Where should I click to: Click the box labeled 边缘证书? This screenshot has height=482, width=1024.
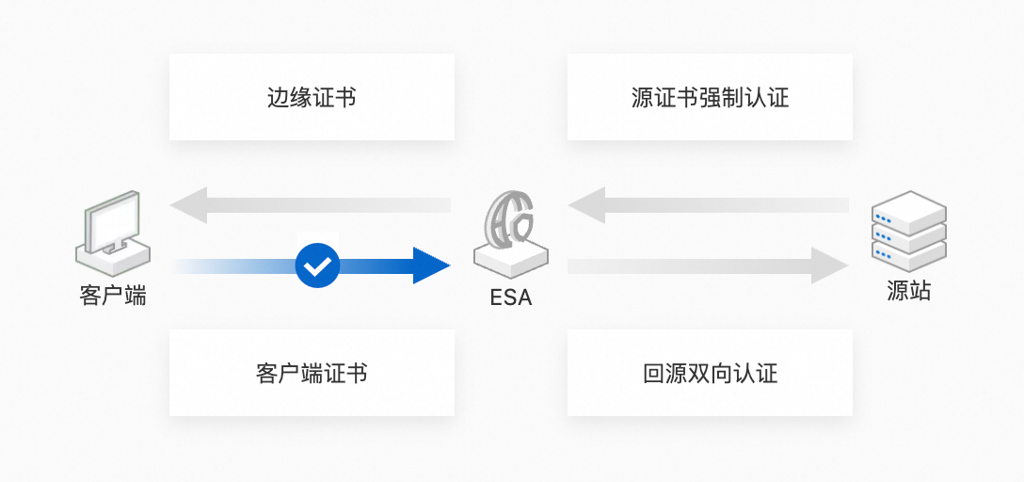coord(312,97)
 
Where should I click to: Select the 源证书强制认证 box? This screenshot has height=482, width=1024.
coord(710,97)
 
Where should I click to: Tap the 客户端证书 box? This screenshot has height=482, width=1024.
coord(312,373)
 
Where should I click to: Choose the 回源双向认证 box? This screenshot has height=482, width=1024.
coord(710,373)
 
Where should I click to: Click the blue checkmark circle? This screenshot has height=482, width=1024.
coord(318,266)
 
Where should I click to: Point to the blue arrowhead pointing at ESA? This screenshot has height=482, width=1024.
coord(430,266)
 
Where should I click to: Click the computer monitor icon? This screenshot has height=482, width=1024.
coord(112,230)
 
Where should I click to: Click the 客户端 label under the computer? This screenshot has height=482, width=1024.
coord(113,296)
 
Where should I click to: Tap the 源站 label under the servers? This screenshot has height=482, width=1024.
coord(908,291)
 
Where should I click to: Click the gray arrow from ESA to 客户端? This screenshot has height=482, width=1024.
coord(311,205)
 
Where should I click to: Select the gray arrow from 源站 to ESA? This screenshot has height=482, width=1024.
coord(708,205)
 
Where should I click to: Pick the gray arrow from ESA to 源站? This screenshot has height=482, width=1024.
coord(708,266)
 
